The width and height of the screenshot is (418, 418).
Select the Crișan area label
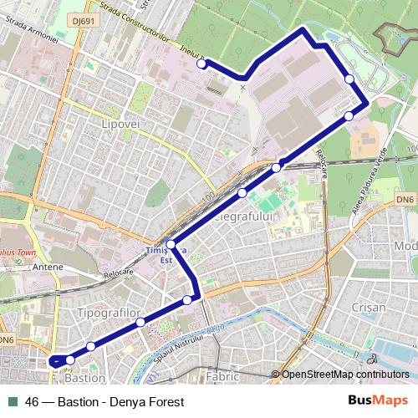(369, 307)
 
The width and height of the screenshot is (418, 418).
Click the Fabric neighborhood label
(222, 378)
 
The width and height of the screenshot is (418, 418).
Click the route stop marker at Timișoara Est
(171, 245)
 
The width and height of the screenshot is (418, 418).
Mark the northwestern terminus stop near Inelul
(201, 64)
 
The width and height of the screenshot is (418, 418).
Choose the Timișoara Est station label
(159, 254)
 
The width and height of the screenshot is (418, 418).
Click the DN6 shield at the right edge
(405, 199)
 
